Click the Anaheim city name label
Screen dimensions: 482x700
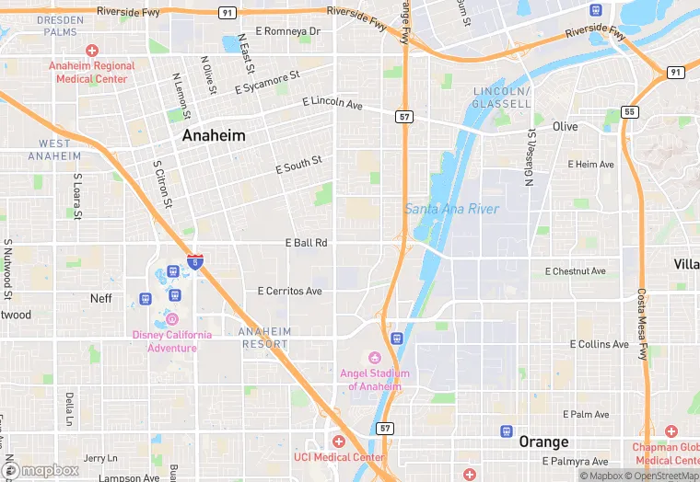tap(214, 135)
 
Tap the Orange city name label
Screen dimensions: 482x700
tap(542, 442)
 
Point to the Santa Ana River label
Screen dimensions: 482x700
tap(452, 209)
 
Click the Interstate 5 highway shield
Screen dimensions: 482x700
tap(195, 262)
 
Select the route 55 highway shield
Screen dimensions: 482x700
tap(629, 112)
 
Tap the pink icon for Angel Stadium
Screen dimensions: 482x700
tap(374, 358)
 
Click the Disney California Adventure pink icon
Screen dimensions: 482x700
tap(171, 318)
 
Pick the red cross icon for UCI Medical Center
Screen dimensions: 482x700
tap(338, 442)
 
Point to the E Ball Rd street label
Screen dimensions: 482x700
tap(306, 243)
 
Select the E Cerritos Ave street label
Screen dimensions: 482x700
tap(289, 291)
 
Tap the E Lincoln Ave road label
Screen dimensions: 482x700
tap(332, 103)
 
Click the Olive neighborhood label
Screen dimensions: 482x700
tap(565, 126)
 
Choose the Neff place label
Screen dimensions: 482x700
tap(101, 298)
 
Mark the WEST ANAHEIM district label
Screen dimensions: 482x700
tap(53, 150)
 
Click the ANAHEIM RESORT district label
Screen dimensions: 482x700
tap(264, 338)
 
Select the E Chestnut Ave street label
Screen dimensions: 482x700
tap(575, 271)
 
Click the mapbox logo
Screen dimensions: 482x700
tap(40, 470)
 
